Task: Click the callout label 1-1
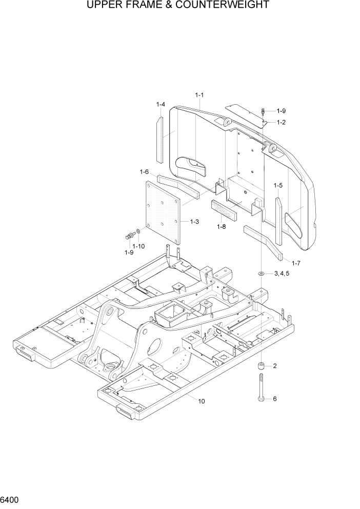click(200, 95)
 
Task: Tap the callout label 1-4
click(161, 105)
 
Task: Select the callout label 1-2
click(281, 122)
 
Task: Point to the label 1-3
click(194, 222)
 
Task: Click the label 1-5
click(278, 185)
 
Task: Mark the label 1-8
click(222, 226)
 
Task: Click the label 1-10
click(138, 246)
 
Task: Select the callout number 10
click(202, 401)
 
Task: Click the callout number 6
click(274, 399)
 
